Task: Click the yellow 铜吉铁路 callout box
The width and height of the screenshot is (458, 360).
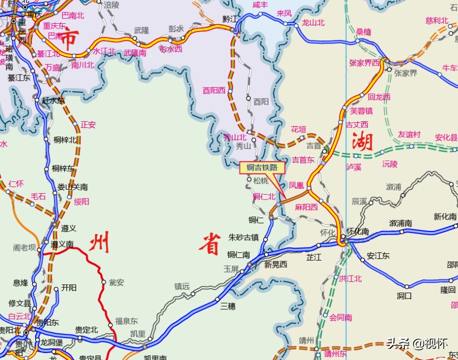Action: (262, 168)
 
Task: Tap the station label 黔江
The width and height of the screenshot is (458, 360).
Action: (230, 19)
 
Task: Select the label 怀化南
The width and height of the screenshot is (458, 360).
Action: (357, 231)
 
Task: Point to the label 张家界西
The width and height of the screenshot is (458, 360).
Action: (364, 63)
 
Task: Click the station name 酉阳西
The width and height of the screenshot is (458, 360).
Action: (214, 90)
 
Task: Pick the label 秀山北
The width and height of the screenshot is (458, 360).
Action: (235, 137)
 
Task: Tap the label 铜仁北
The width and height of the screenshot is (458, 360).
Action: (264, 196)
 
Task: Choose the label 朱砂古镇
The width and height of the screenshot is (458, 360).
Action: (244, 237)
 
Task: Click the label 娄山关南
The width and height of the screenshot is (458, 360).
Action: (73, 187)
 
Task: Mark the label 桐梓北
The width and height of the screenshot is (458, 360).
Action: (65, 140)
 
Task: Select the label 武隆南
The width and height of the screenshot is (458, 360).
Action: (135, 53)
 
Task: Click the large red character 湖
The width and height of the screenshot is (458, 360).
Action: (362, 141)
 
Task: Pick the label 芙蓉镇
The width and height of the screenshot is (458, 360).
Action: (361, 111)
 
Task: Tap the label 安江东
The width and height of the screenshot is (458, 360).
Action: (378, 256)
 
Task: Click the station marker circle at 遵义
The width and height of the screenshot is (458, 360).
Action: (54, 225)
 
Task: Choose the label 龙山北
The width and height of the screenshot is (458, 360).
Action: (313, 22)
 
